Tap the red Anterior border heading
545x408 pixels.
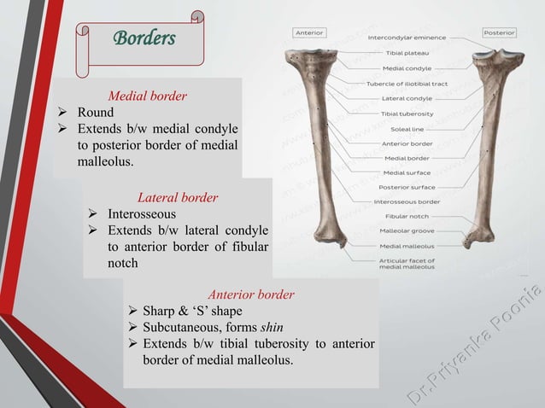[x=251, y=294]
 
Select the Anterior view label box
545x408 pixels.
[x=308, y=32]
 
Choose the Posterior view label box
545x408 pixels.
[x=499, y=32]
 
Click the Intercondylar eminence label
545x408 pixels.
[x=407, y=38]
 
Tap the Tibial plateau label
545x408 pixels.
[x=407, y=53]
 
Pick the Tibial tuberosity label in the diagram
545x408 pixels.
[x=407, y=114]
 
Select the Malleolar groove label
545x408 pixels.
[x=407, y=231]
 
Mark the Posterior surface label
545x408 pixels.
[x=407, y=187]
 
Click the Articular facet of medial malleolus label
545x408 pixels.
[x=407, y=263]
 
